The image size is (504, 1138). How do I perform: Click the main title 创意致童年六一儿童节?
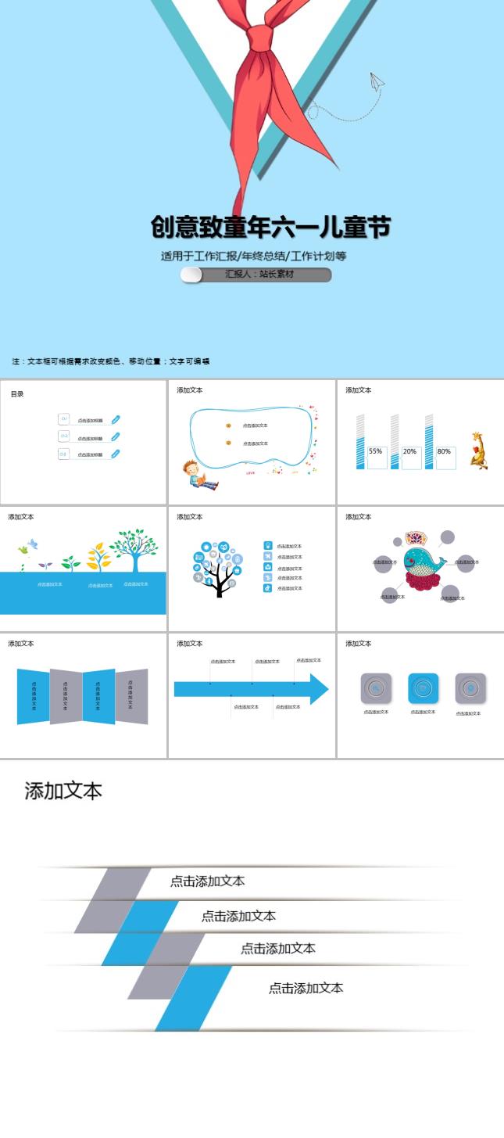(270, 228)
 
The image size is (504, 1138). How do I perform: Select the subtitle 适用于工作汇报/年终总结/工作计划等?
(253, 256)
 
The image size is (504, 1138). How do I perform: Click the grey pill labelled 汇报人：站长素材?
(256, 275)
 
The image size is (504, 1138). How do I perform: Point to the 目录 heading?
(17, 394)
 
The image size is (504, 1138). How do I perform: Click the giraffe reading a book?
(478, 451)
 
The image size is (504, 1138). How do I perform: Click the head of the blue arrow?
(319, 689)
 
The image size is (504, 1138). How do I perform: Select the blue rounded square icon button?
(423, 688)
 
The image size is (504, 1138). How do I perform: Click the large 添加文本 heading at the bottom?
(63, 791)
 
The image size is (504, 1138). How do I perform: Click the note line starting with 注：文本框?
(111, 361)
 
